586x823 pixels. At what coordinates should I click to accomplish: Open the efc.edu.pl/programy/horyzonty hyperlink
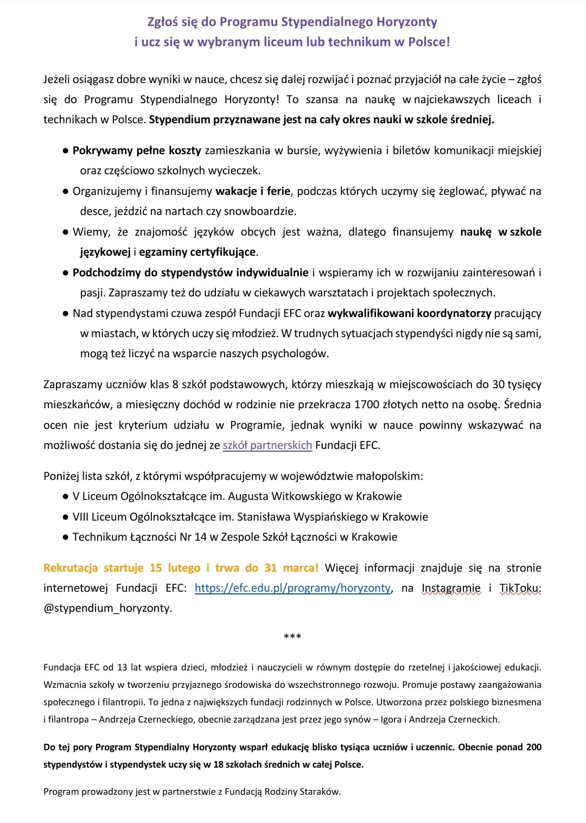coord(292,588)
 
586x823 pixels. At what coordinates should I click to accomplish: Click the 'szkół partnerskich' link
coord(267,445)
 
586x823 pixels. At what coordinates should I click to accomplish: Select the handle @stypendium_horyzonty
coord(107,608)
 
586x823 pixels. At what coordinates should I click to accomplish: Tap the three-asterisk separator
coord(292,636)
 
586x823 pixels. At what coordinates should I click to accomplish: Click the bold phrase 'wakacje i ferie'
coord(253,191)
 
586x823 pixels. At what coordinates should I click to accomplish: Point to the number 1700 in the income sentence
coord(366,404)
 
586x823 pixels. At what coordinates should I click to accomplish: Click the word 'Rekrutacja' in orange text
coord(71,568)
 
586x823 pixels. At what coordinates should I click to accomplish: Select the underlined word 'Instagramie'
coord(451,588)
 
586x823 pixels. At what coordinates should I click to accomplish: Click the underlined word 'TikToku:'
coord(520,588)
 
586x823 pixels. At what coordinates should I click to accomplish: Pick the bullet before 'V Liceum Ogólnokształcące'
coord(65,496)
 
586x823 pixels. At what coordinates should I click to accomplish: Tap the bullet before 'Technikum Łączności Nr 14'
coord(65,537)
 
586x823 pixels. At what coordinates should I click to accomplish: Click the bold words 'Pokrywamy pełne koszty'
coord(137,150)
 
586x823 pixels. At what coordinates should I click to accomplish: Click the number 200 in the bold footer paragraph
coord(533,747)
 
